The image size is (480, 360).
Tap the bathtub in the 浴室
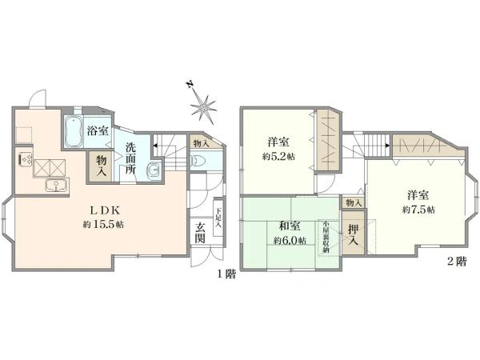[71, 132]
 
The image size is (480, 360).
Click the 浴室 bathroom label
[97, 130]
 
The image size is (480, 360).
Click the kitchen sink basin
[55, 186]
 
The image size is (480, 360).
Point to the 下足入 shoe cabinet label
[218, 218]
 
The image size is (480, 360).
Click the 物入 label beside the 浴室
[102, 166]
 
